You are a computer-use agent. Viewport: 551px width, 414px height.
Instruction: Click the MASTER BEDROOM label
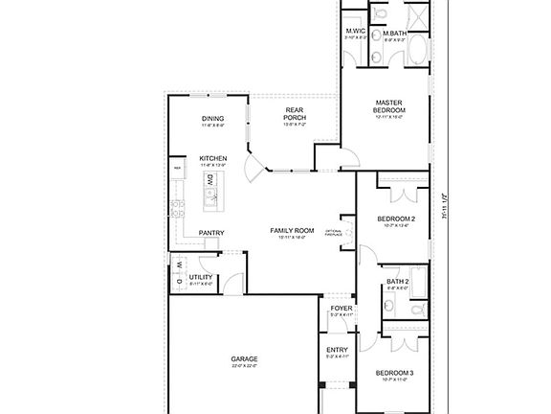click(x=387, y=105)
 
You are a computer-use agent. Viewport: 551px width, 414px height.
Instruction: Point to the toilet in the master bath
click(x=378, y=12)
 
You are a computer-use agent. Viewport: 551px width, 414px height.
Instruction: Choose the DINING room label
click(x=212, y=119)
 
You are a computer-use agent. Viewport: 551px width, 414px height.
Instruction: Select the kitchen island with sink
click(x=210, y=195)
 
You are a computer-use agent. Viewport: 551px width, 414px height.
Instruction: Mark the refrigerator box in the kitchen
click(x=177, y=169)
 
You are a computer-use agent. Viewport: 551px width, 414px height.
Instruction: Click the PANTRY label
click(x=211, y=233)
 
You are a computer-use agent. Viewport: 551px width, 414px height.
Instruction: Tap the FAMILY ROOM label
click(x=292, y=230)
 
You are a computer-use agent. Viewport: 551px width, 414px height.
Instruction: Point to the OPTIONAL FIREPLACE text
click(x=334, y=232)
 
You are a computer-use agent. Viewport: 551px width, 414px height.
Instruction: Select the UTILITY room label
click(x=201, y=277)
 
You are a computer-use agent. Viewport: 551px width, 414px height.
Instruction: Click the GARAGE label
click(x=244, y=359)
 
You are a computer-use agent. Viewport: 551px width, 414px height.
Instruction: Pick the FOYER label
click(x=342, y=309)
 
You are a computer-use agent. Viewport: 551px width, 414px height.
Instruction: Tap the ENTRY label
click(x=337, y=350)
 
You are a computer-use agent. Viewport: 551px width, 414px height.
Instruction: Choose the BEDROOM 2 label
click(x=394, y=218)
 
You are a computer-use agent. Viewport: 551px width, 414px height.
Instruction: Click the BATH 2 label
click(x=398, y=282)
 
